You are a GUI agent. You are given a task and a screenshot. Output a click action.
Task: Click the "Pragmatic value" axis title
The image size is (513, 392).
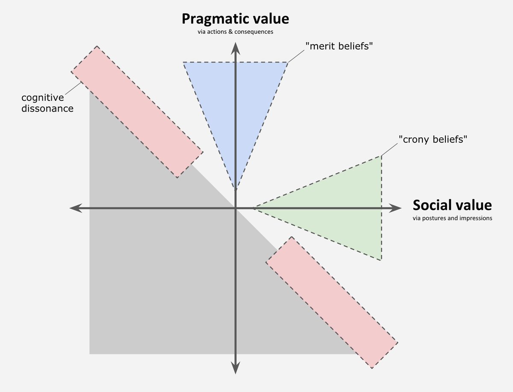pos(235,19)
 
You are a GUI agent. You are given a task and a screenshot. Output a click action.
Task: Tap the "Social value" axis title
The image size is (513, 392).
pos(452,206)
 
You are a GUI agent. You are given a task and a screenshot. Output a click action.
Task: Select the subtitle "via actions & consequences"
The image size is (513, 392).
pos(235,32)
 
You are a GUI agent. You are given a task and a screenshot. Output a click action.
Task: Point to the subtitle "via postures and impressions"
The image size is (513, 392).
pos(452,218)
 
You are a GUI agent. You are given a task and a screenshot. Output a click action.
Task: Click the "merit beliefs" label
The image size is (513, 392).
pos(337,47)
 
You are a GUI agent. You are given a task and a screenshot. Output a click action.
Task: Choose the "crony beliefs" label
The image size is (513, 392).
pos(431,139)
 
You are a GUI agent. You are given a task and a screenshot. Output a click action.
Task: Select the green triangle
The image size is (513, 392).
pos(342,209)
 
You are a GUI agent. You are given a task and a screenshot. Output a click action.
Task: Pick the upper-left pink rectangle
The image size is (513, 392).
pos(136,112)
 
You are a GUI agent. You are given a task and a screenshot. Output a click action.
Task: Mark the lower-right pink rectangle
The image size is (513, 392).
pos(332,302)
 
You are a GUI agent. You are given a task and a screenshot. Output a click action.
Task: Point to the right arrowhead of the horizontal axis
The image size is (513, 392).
pos(396,208)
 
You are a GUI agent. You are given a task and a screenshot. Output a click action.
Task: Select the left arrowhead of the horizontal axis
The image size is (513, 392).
pos(75,208)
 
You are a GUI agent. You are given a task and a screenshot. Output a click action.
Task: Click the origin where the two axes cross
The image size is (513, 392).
pos(235,208)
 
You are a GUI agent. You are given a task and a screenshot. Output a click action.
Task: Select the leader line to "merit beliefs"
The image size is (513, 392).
pos(295,56)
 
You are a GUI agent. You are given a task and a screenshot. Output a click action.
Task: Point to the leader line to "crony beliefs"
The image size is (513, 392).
pos(389,150)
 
